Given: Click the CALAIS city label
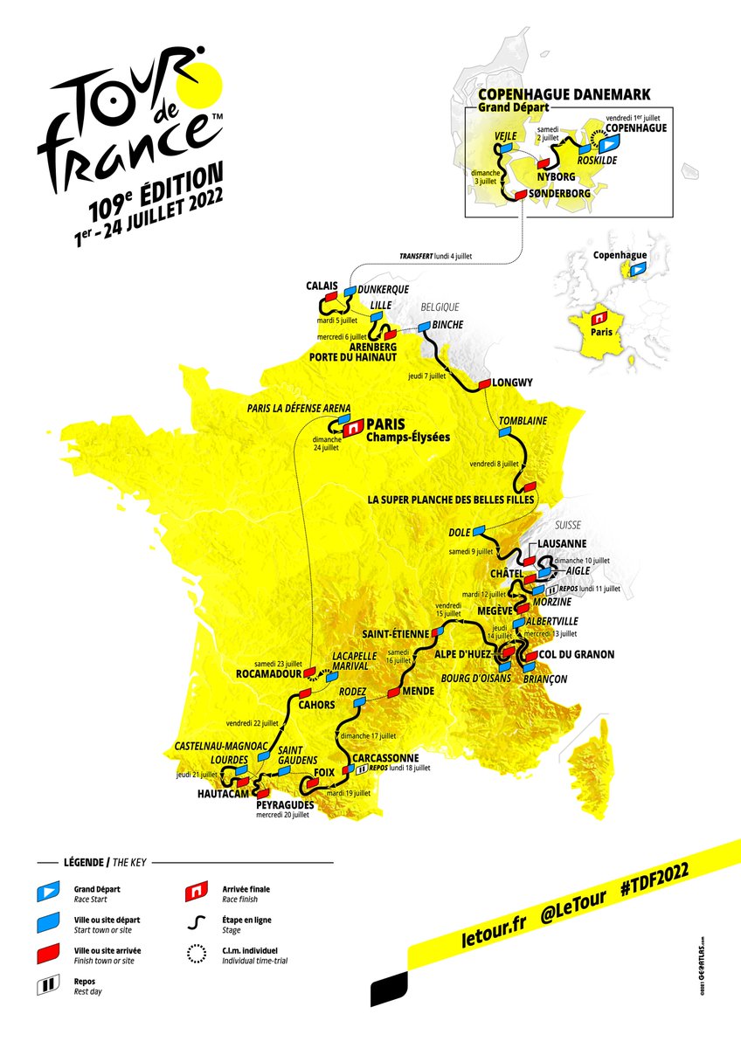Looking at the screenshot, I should [x=321, y=285].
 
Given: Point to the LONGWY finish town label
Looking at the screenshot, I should [x=512, y=383].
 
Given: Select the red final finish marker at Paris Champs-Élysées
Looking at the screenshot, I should [x=351, y=429].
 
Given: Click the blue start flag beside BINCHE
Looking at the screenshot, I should [x=425, y=327].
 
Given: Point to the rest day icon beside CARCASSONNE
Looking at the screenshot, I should [x=361, y=769].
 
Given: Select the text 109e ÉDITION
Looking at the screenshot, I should [x=154, y=187].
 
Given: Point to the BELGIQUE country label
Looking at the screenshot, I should [x=440, y=307].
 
